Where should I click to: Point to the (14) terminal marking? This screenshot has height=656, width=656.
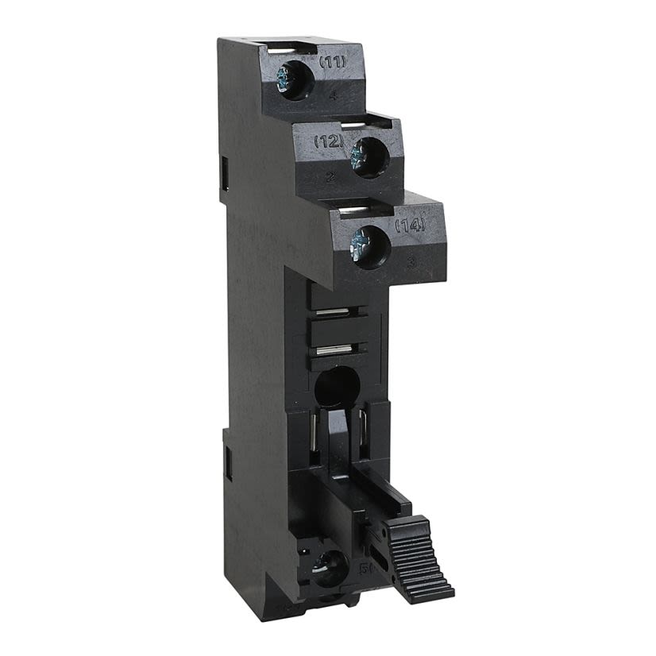click(411, 226)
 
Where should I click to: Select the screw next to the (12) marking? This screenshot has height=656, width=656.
click(369, 152)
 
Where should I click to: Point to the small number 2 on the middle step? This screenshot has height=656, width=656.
click(330, 176)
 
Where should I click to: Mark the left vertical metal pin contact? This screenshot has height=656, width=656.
click(316, 444)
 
